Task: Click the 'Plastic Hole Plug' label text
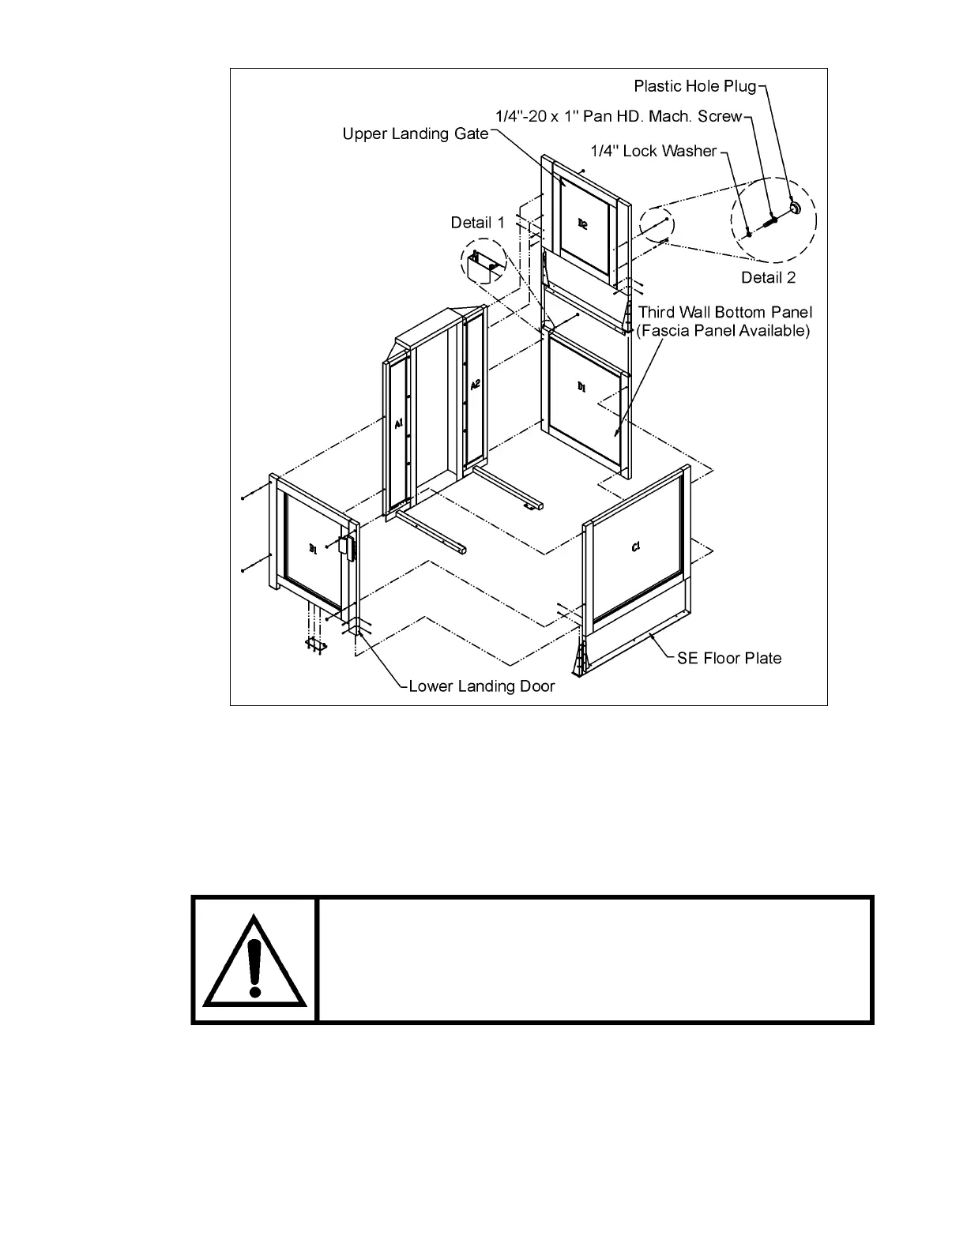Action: point(694,86)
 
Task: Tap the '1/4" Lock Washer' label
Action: point(653,151)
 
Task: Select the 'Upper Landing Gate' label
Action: point(416,134)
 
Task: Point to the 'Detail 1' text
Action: point(477,223)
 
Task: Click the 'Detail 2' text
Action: point(768,277)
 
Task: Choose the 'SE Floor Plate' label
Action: point(729,658)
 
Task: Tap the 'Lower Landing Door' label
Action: point(481,686)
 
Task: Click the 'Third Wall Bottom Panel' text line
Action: point(724,313)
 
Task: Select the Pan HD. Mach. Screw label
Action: point(619,117)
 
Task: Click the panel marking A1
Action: point(399,425)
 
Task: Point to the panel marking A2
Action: point(475,385)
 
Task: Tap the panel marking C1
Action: point(636,547)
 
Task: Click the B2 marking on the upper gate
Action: point(582,224)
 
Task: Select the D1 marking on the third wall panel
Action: point(581,387)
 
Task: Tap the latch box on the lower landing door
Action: point(346,547)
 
